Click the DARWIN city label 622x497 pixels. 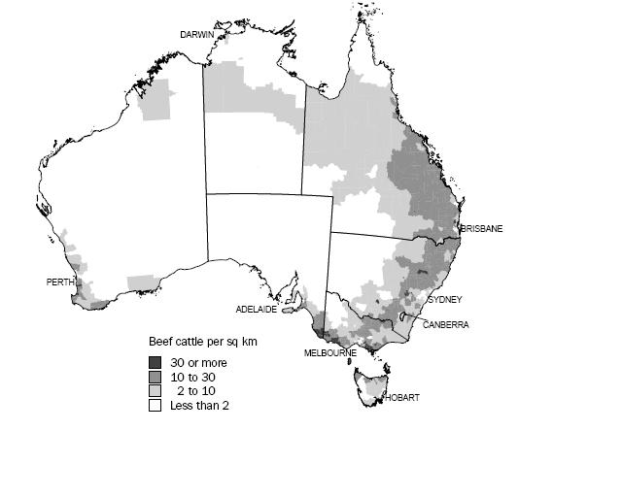click(x=196, y=35)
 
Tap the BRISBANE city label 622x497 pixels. click(x=481, y=229)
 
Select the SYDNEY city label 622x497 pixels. click(x=444, y=300)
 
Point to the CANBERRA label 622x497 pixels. click(x=445, y=325)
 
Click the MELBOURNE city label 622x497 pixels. click(x=328, y=352)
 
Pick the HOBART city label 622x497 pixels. click(x=402, y=398)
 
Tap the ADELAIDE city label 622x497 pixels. click(x=257, y=310)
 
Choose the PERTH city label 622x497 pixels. click(x=60, y=282)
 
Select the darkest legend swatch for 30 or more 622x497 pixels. click(x=155, y=362)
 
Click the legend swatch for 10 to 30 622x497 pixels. click(x=155, y=377)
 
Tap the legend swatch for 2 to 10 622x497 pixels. click(x=155, y=391)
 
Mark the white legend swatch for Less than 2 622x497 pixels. click(x=155, y=406)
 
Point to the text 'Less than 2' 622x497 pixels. click(x=198, y=406)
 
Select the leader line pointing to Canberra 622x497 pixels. click(x=414, y=317)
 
